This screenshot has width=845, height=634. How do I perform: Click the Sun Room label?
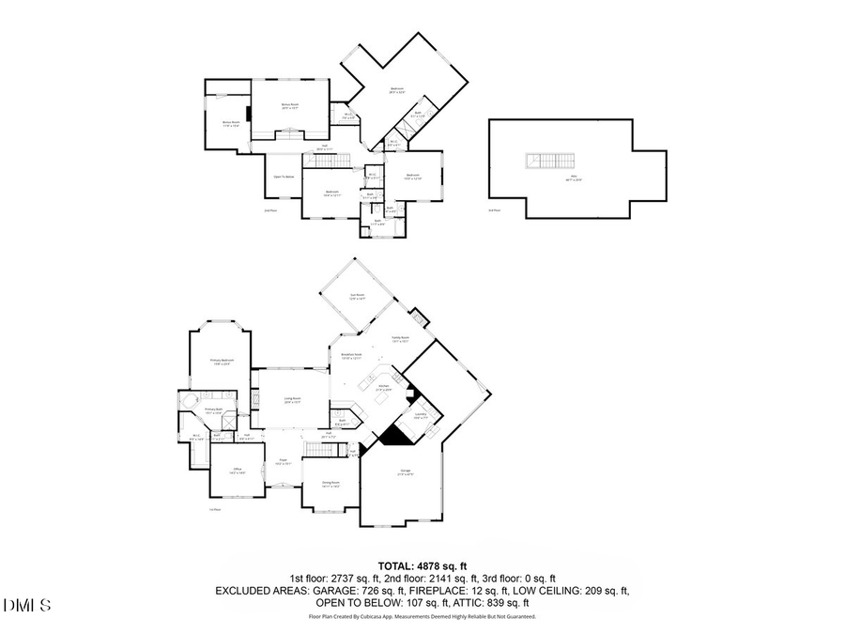pyautogui.click(x=357, y=296)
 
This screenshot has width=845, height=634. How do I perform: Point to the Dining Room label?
pyautogui.click(x=330, y=484)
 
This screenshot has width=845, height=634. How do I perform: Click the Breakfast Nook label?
pyautogui.click(x=352, y=356)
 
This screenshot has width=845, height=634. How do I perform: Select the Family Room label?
pyautogui.click(x=401, y=341)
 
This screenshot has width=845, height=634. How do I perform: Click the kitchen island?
pyautogui.click(x=382, y=399)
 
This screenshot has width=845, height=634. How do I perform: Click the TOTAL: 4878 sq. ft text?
pyautogui.click(x=422, y=565)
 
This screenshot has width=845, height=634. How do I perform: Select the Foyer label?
pyautogui.click(x=283, y=461)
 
